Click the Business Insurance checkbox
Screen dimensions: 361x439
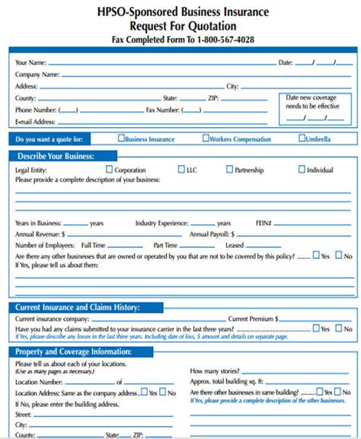[121, 139]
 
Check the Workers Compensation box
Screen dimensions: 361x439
[206, 139]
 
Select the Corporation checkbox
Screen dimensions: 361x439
[110, 170]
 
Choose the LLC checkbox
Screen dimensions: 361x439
[181, 170]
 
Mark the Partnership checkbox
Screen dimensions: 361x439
[229, 170]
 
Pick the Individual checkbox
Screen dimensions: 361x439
[302, 170]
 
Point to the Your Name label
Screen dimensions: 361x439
[30, 62]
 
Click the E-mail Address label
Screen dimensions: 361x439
[35, 121]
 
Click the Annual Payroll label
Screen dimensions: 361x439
[212, 234]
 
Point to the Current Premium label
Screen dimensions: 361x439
[253, 318]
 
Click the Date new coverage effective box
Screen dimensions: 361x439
[314, 107]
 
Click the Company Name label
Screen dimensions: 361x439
[37, 75]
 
